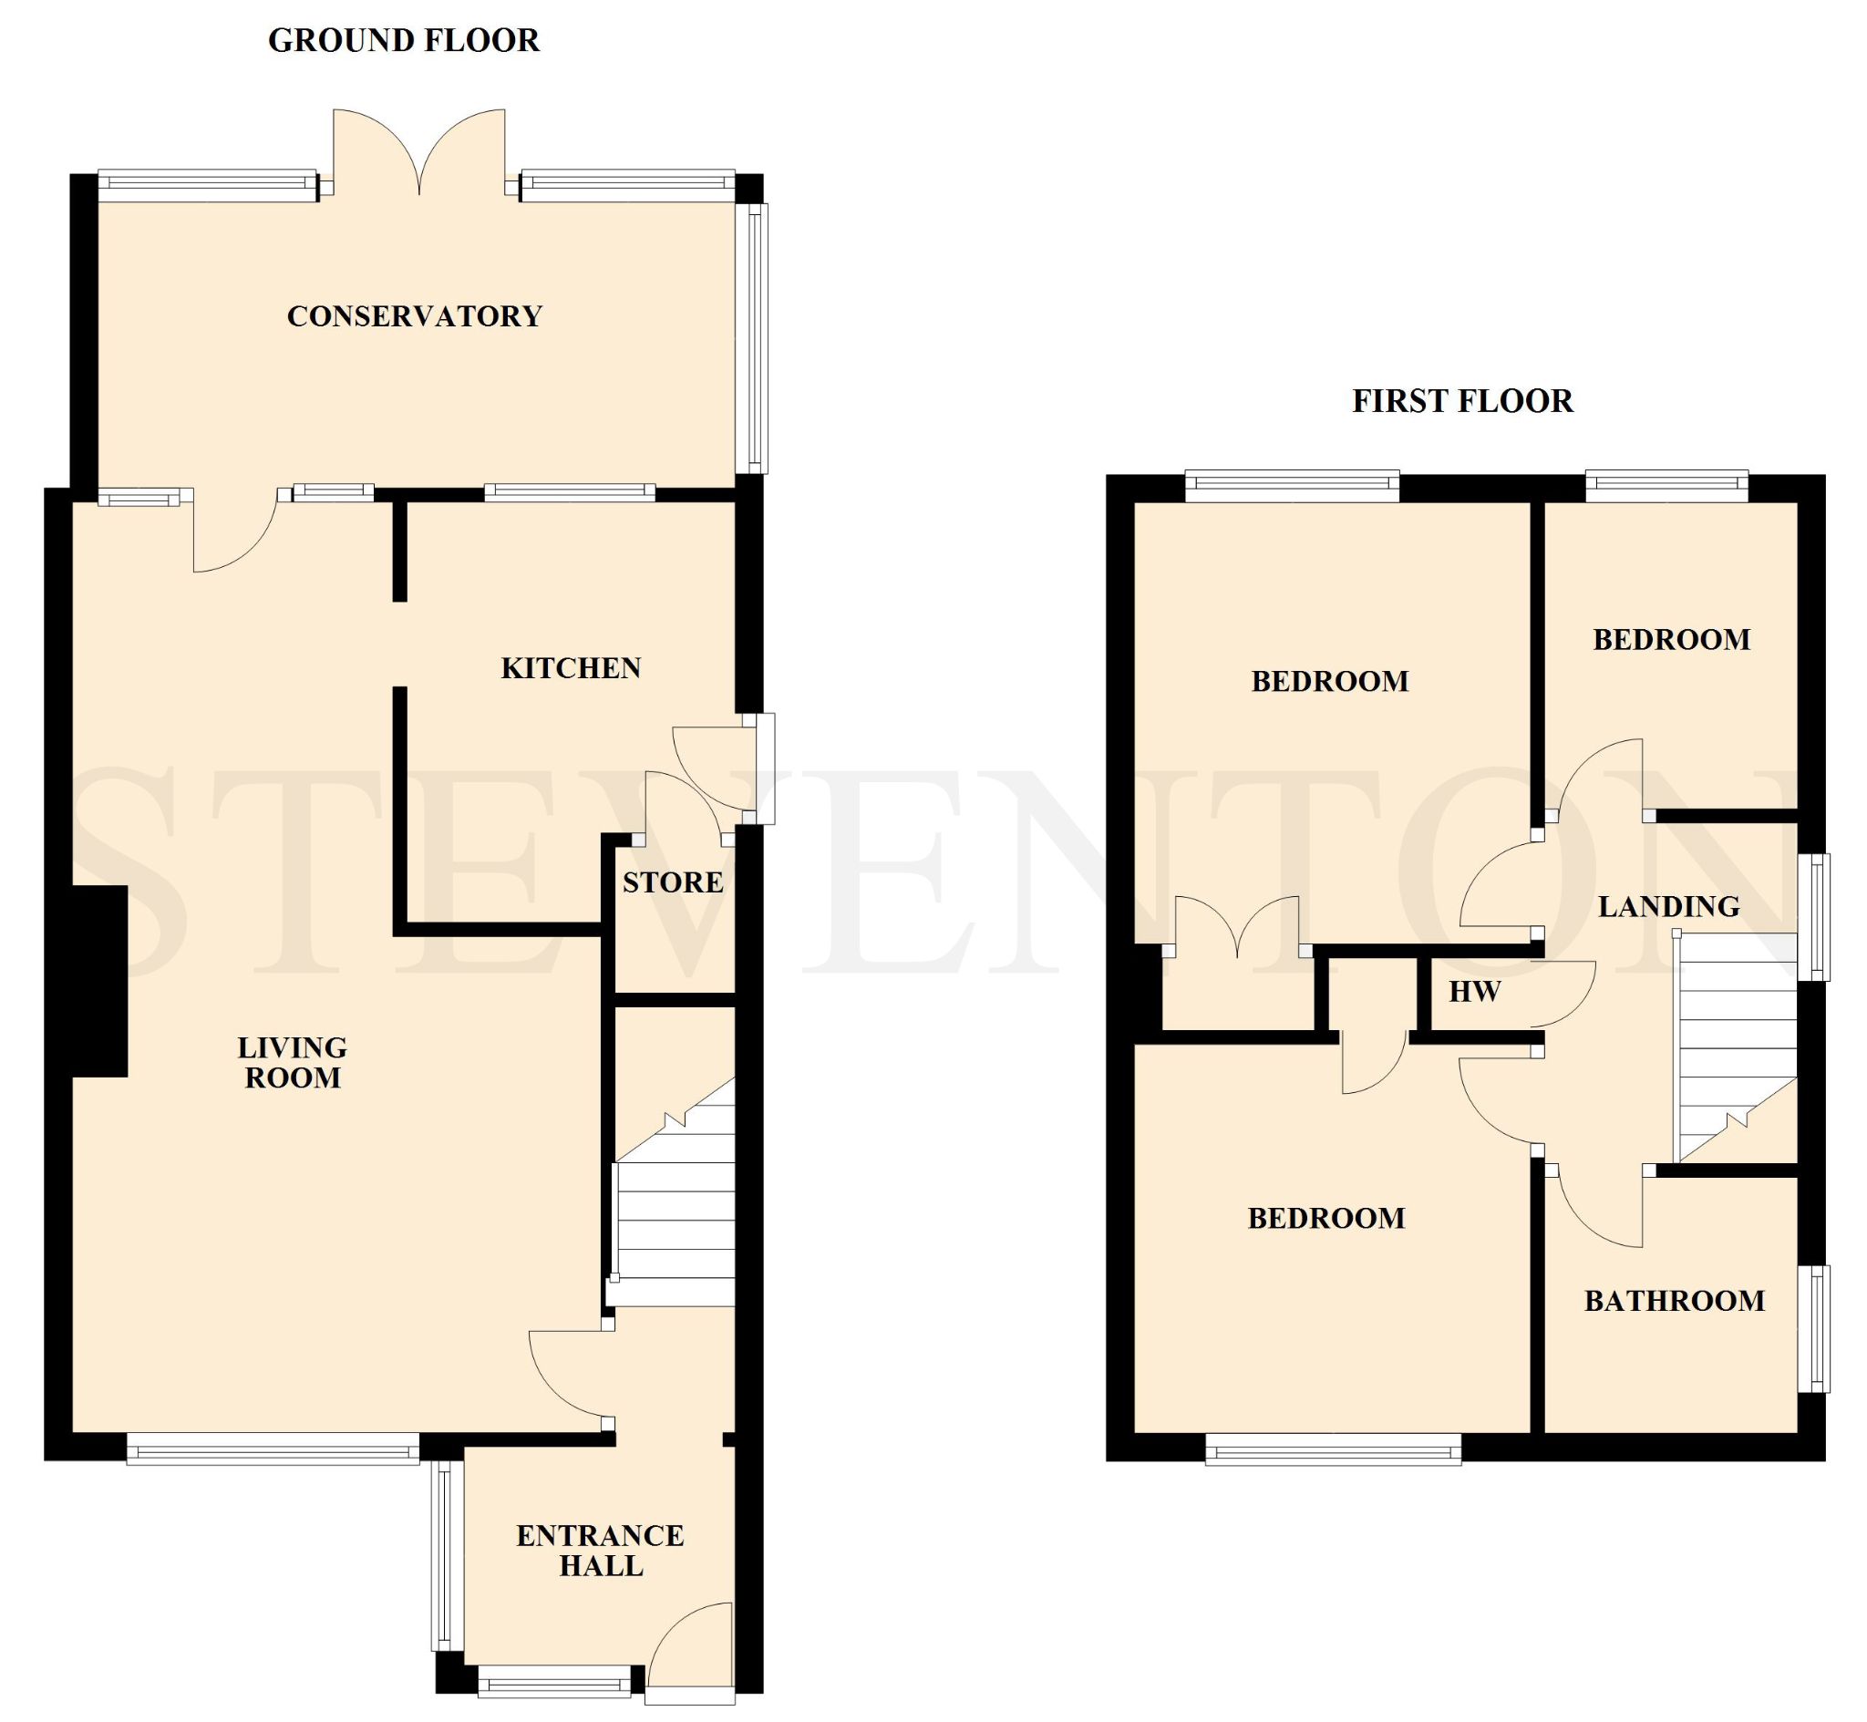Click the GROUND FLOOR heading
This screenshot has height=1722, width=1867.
(x=404, y=41)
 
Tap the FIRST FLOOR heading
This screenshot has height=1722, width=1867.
(x=1462, y=402)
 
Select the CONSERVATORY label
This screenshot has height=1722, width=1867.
(x=415, y=317)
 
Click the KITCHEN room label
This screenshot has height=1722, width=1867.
(x=571, y=668)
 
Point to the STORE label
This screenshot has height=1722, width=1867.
(x=673, y=882)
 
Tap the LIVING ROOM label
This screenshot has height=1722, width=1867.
(x=293, y=1062)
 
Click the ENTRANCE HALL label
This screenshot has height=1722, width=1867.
(x=600, y=1551)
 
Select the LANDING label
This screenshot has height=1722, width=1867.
(x=1668, y=907)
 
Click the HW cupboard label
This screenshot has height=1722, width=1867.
(x=1475, y=992)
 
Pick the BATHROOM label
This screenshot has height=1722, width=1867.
(x=1674, y=1301)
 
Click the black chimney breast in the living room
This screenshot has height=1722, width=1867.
(x=98, y=981)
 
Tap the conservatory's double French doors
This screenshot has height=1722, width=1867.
(x=419, y=154)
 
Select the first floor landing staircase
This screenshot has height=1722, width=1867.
(x=1736, y=1049)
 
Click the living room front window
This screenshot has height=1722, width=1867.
(x=273, y=1450)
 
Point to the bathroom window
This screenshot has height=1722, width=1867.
(x=1813, y=1329)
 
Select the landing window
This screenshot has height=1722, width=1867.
(x=1813, y=917)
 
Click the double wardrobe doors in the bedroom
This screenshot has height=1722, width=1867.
(x=1237, y=926)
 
